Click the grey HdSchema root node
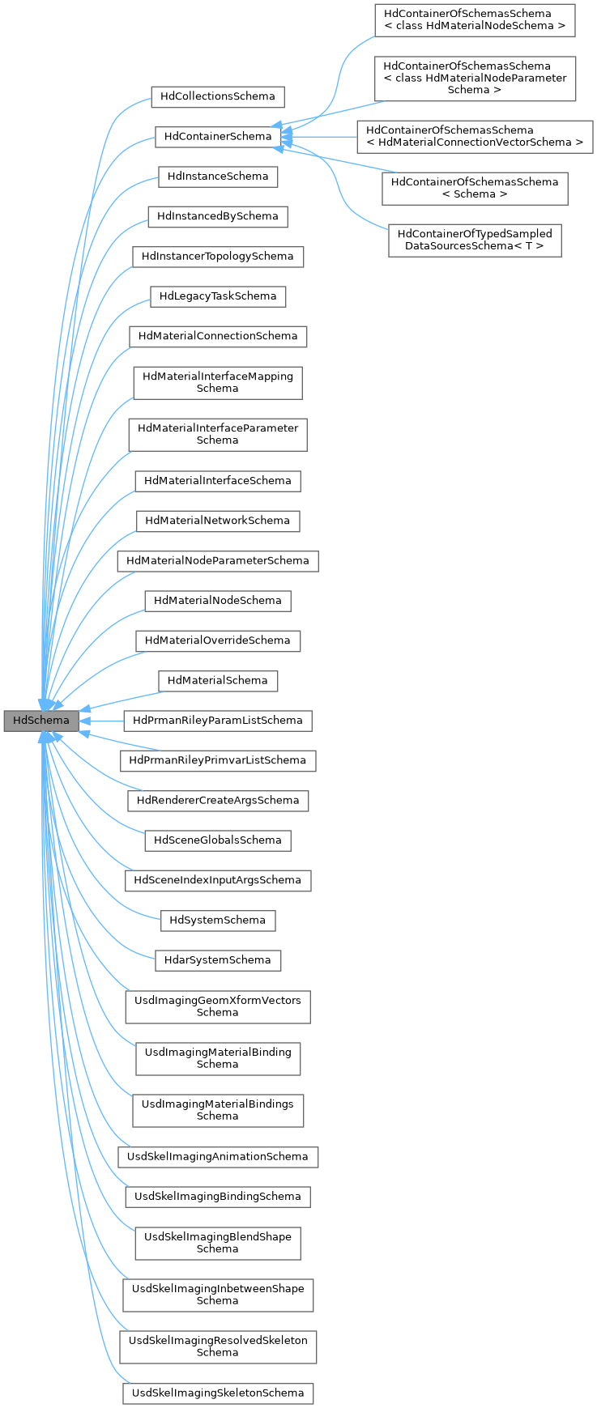pos(41,721)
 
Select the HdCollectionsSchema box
pos(218,96)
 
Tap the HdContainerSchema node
pos(218,136)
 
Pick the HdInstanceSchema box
pos(218,177)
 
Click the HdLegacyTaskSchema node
pos(218,296)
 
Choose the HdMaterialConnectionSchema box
pos(218,336)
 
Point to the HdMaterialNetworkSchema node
pos(218,521)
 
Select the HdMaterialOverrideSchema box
pos(218,640)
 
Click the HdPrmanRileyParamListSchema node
pos(218,721)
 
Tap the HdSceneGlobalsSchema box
pos(218,840)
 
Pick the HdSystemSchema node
pos(218,921)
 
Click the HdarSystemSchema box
pos(218,960)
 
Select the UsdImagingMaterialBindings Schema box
pos(218,1110)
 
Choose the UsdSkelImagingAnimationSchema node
pos(218,1156)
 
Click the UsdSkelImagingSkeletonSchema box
pos(218,1393)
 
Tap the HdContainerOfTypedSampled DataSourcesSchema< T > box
pos(475,240)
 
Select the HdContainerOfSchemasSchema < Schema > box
pos(475,188)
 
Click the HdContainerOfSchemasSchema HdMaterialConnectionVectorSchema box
pos(475,136)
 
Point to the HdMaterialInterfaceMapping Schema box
pos(218,382)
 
